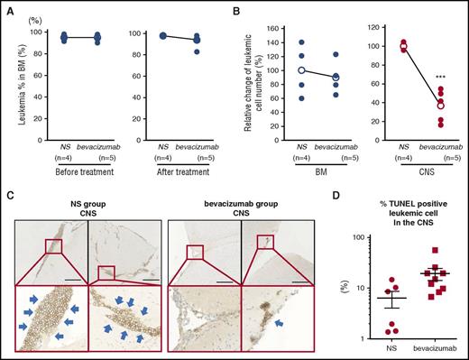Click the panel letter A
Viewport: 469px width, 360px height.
5,7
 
